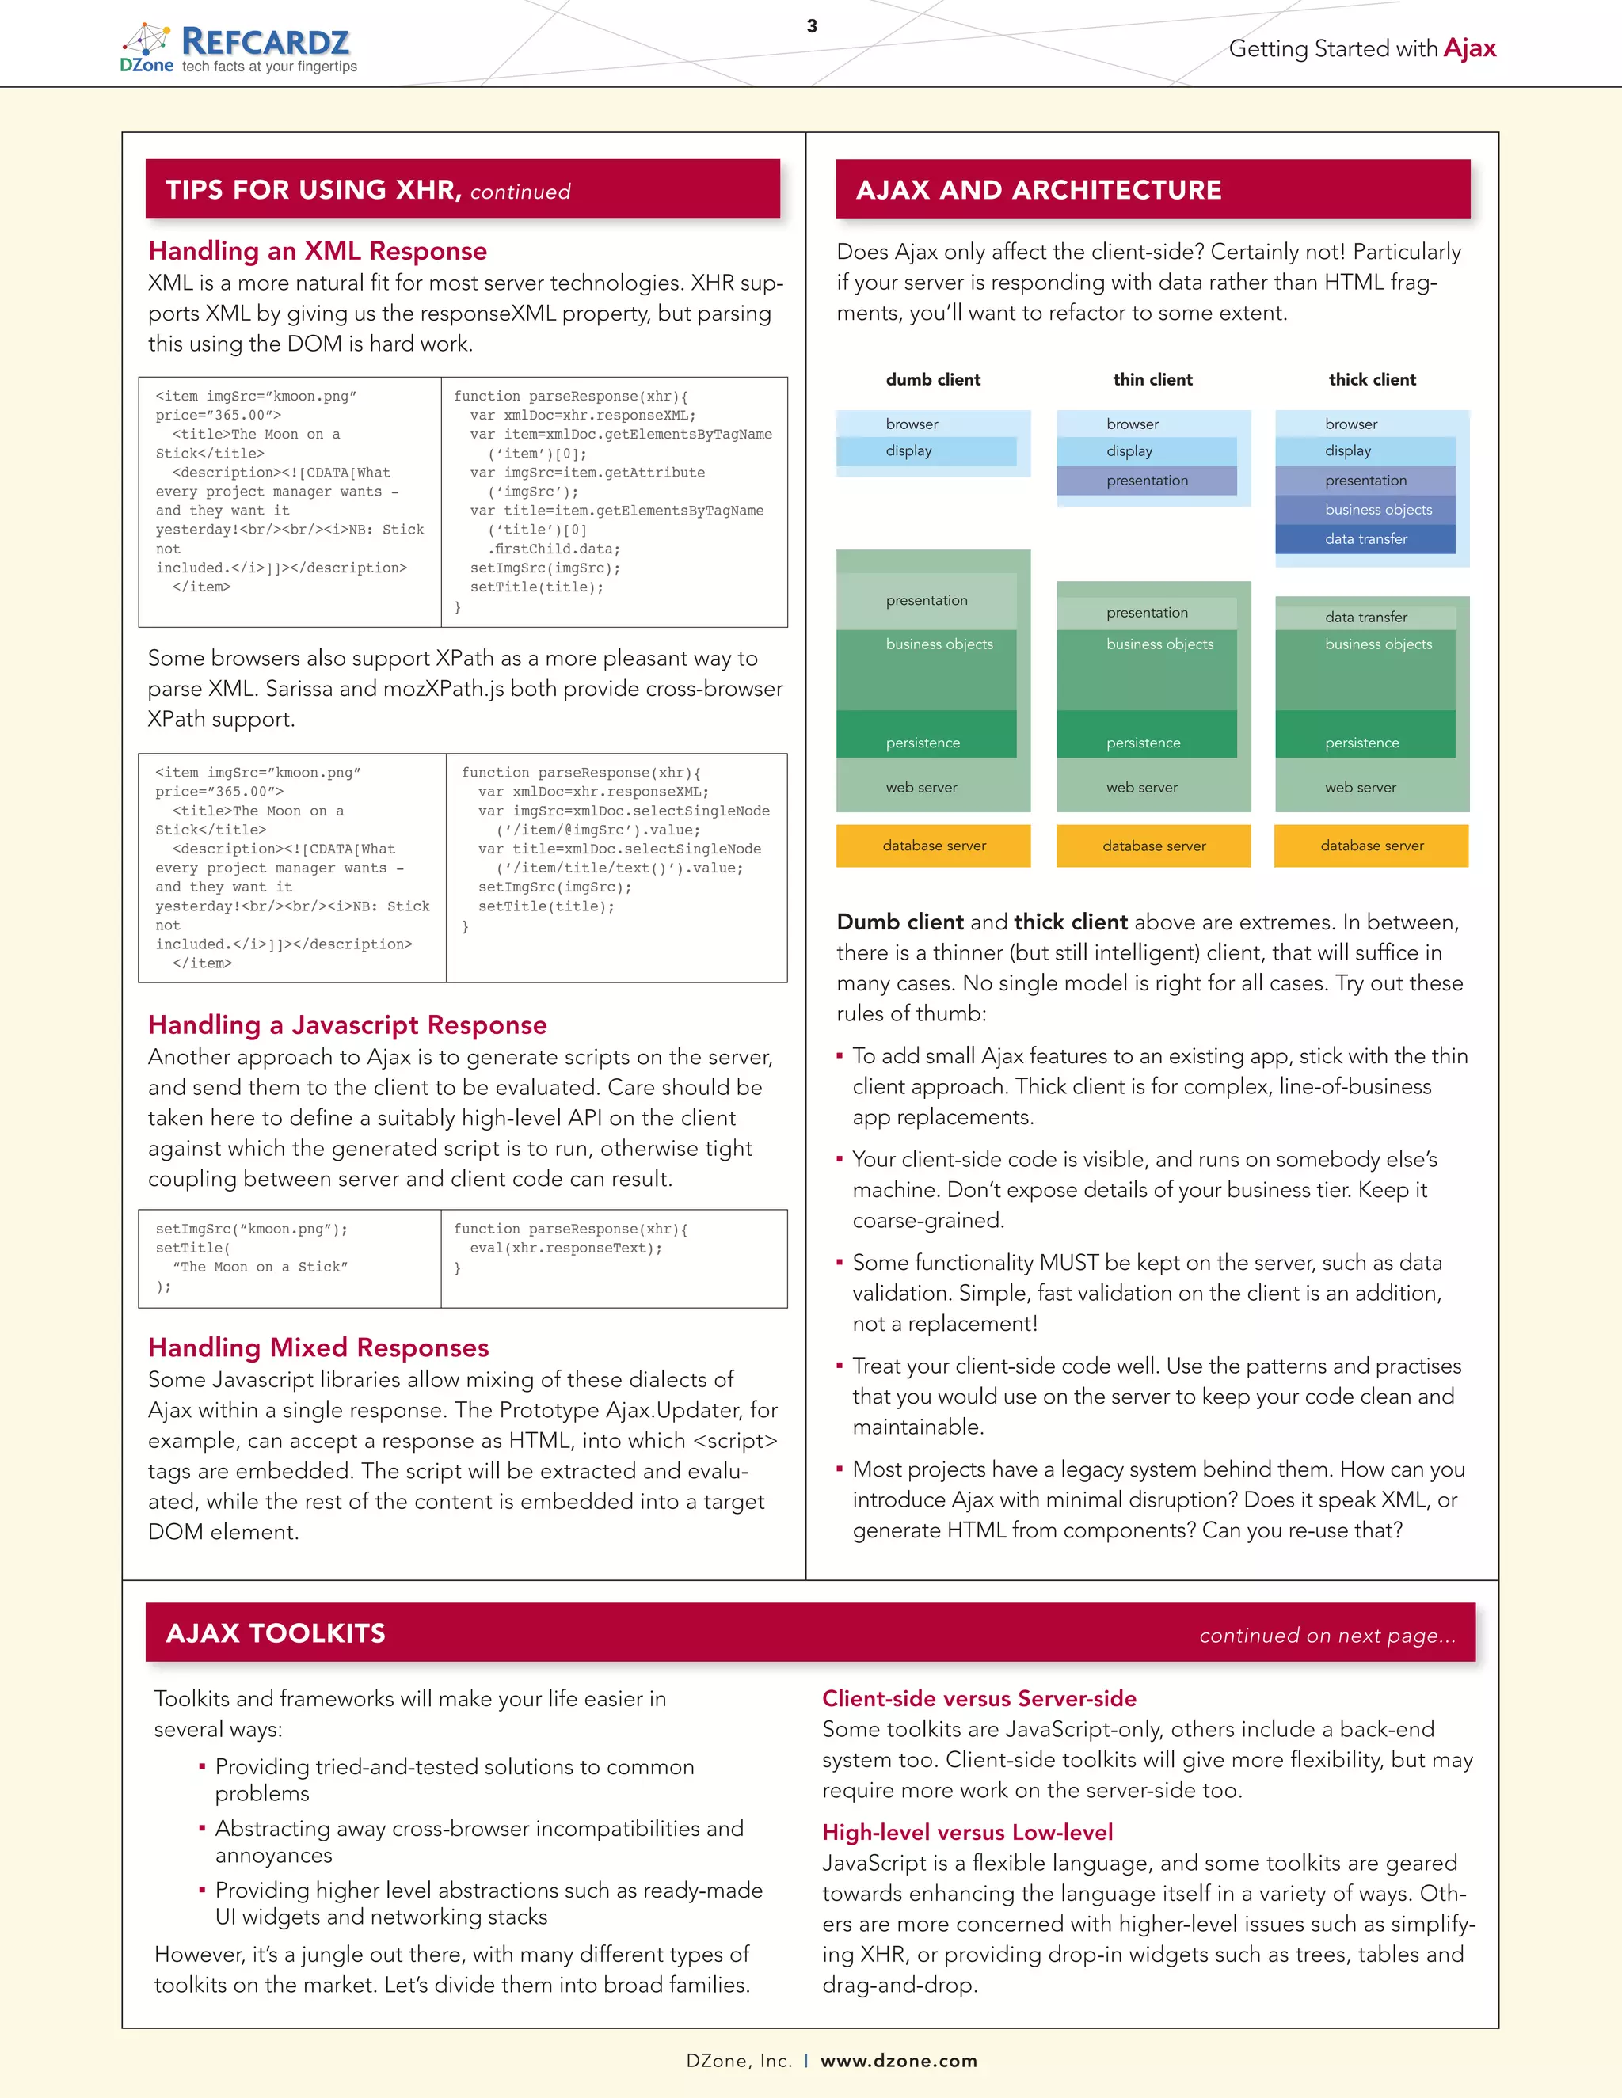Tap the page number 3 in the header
tap(812, 26)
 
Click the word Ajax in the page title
tap(1469, 48)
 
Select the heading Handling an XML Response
tap(317, 251)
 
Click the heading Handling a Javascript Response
tap(347, 1025)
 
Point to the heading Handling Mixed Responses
tap(318, 1347)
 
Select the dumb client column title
tap(933, 379)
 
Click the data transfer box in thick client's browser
tap(1365, 539)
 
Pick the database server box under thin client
tap(1153, 846)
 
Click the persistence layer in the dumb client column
tap(923, 743)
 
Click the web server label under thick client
tap(1360, 788)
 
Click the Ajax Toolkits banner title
tap(275, 1633)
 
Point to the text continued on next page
tap(1327, 1635)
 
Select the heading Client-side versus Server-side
tap(978, 1698)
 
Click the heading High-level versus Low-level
tap(967, 1832)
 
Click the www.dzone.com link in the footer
tap(898, 2061)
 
